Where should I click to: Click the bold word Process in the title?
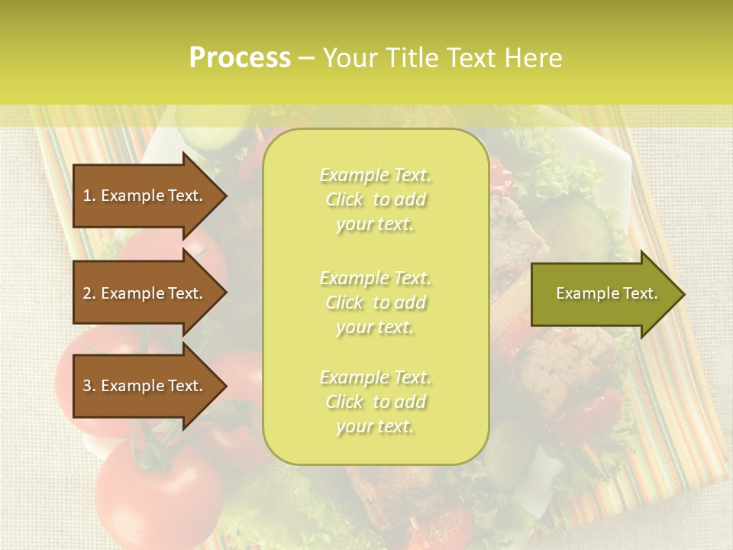(240, 58)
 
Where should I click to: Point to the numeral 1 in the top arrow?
(87, 196)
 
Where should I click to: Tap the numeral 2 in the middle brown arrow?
(87, 293)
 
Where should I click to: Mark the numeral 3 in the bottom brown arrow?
(87, 386)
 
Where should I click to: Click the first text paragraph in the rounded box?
(375, 199)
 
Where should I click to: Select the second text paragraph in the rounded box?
(375, 302)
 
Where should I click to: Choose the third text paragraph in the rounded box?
(375, 402)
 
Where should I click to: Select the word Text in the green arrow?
(640, 293)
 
